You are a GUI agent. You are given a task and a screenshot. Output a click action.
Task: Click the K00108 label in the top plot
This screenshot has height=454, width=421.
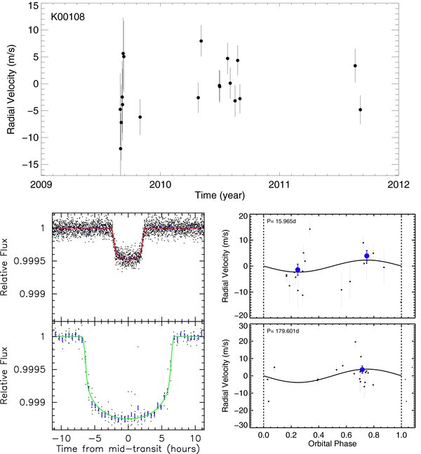coord(68,17)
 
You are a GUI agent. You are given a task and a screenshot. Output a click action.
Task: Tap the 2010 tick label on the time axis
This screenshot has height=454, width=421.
coord(161,185)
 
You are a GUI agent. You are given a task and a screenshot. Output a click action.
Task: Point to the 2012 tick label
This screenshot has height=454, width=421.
coord(399,185)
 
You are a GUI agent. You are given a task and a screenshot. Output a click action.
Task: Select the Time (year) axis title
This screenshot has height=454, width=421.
coord(220,196)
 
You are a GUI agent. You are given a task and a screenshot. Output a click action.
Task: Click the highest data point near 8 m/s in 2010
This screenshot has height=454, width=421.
coord(201,41)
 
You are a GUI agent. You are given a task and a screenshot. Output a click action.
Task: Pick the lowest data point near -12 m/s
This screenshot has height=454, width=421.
coord(121,149)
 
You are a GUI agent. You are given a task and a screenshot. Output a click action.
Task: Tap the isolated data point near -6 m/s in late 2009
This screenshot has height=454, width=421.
coord(140,117)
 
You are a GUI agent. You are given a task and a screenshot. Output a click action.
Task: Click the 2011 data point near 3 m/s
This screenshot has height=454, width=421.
coord(355,66)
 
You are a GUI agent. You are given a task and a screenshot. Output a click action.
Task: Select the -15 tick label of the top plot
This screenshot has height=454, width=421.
coord(30,164)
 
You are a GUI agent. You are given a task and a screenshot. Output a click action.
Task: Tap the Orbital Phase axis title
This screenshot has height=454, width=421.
coord(333,443)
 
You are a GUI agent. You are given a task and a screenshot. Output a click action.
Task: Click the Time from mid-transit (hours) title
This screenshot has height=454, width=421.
coord(128,448)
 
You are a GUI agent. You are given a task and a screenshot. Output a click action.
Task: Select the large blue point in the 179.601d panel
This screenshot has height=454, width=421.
coord(362,370)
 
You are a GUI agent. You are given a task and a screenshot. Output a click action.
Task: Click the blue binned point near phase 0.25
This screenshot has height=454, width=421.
coord(298,270)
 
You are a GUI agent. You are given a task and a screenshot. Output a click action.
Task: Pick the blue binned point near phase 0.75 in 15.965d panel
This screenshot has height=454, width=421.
coord(367,256)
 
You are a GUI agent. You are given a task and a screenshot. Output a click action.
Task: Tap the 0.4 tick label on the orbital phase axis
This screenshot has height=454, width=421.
coord(319,435)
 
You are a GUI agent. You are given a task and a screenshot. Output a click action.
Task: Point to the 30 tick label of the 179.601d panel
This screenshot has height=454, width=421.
coord(243,326)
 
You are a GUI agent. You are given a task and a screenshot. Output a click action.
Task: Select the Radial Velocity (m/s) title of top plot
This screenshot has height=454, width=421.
coord(11,89)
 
